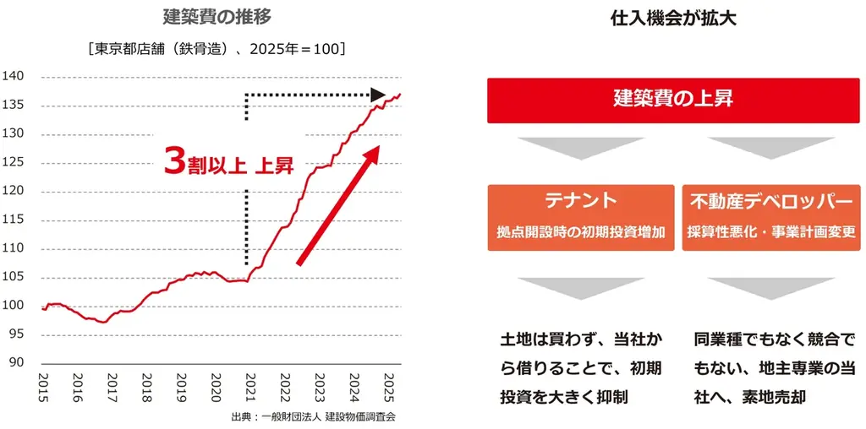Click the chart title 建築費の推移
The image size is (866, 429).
217,17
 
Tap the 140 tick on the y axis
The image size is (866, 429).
17,77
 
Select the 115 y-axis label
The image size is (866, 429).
17,220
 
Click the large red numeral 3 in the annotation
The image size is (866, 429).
174,161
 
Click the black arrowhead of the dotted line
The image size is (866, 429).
378,95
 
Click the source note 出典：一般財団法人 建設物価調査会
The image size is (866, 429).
313,416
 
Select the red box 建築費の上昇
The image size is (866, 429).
673,100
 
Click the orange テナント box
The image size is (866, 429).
580,217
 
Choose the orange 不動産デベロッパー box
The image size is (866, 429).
770,217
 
